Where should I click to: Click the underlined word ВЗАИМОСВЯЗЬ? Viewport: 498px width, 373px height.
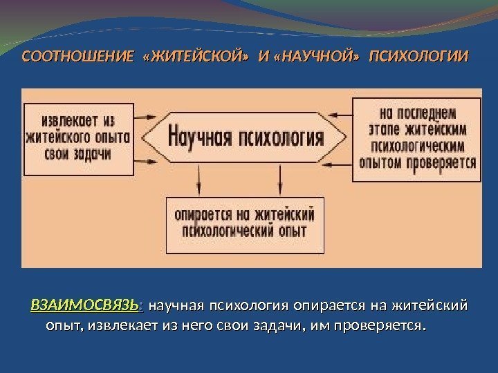84,306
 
